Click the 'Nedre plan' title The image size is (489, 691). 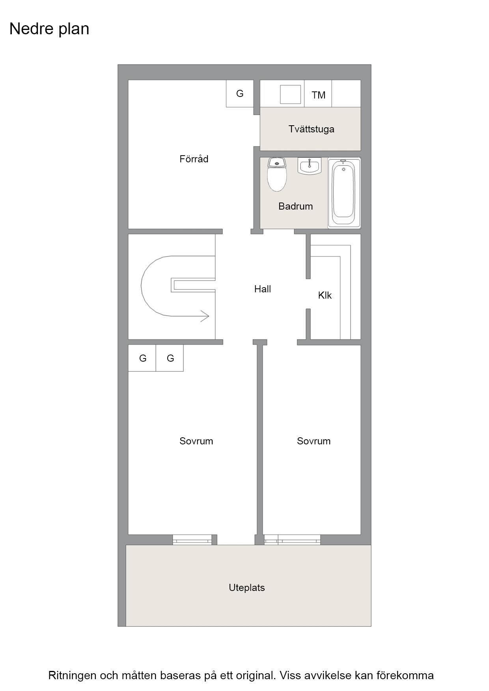tap(49, 29)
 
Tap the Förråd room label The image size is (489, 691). tap(194, 159)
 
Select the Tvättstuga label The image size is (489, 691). tap(311, 129)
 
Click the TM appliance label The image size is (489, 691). tap(318, 95)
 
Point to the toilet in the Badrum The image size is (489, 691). tap(277, 174)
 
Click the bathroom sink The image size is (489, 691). tap(310, 166)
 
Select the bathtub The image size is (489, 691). tap(344, 193)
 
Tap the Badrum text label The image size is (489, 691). tap(295, 206)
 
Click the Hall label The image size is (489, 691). tap(262, 289)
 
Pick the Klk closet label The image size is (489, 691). tap(325, 295)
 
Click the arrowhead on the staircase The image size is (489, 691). tap(205, 316)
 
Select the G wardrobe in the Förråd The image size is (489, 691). tap(240, 93)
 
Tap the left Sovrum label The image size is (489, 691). tap(196, 441)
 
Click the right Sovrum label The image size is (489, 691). tap(314, 441)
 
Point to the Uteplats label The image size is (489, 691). tap(246, 587)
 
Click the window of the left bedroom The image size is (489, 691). tap(192, 540)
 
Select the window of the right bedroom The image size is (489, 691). tap(292, 540)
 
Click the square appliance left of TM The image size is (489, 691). tap(290, 95)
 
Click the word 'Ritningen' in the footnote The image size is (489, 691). tap(72, 676)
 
